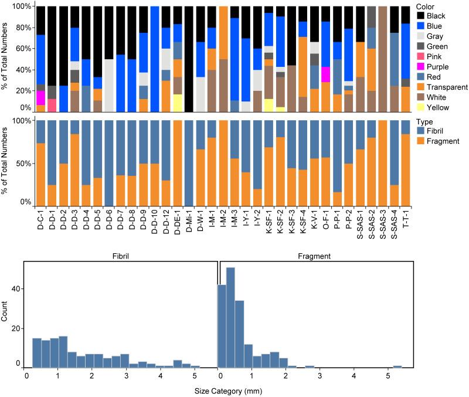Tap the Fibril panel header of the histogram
[x=120, y=256]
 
